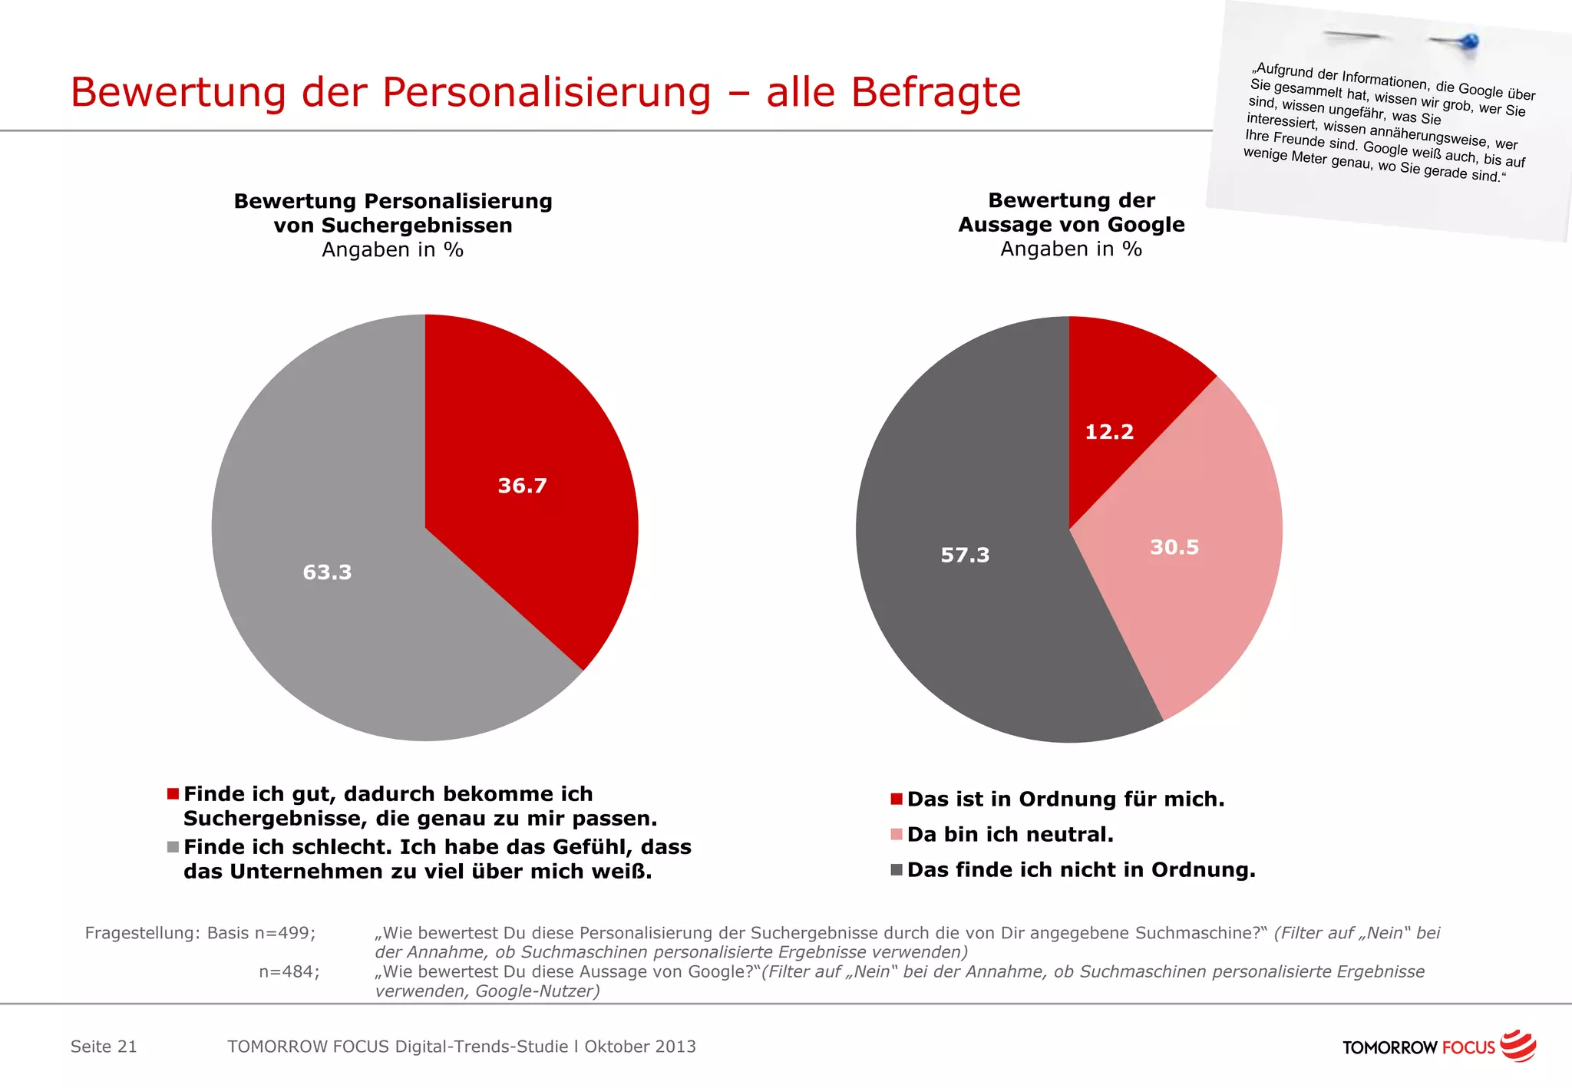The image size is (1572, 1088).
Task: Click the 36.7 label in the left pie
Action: [522, 486]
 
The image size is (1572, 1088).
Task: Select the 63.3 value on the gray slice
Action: [327, 572]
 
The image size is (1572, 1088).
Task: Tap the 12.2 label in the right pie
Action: [1109, 432]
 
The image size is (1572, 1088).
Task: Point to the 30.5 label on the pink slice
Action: [1174, 547]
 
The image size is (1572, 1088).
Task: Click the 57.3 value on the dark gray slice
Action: [965, 555]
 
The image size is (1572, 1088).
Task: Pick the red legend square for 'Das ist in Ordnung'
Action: [896, 800]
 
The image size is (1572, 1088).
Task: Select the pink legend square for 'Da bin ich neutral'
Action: [896, 835]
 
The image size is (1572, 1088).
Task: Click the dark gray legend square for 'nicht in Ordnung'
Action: [896, 870]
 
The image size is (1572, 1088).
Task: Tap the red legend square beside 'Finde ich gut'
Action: [173, 794]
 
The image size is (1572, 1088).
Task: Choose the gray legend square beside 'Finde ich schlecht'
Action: [173, 847]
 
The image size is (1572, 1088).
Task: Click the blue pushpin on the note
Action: [1469, 41]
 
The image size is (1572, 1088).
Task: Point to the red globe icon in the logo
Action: [1518, 1046]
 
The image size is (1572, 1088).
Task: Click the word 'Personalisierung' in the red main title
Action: [547, 93]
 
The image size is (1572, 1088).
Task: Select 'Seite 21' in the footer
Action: [104, 1047]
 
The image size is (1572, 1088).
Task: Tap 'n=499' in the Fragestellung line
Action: [284, 933]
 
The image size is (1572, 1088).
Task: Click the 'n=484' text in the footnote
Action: [289, 971]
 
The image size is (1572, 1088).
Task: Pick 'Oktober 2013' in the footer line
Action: [640, 1047]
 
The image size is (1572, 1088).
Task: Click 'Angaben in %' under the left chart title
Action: [392, 250]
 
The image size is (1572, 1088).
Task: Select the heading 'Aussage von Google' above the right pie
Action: [1071, 225]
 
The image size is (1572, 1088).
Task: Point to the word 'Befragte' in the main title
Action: [936, 93]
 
